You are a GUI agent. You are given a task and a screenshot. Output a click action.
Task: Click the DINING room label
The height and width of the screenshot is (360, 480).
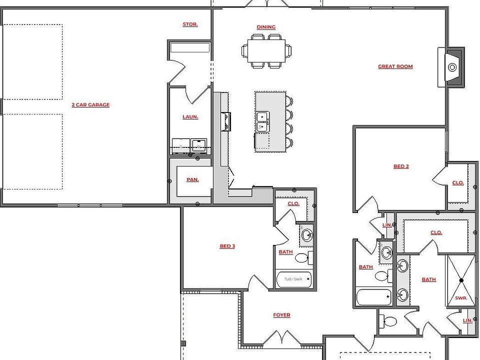[266, 27]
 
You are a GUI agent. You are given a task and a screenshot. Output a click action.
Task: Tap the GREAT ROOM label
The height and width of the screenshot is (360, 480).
[395, 66]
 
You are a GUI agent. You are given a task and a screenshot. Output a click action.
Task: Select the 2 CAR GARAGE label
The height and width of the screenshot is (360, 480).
[90, 105]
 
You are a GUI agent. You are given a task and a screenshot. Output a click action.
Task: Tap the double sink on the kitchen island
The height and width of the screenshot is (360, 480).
[261, 122]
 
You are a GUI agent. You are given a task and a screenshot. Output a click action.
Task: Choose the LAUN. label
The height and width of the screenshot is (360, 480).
[190, 117]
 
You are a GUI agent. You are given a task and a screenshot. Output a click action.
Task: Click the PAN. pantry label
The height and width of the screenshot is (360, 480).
[192, 179]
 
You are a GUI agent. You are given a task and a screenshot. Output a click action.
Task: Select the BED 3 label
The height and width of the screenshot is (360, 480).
[227, 246]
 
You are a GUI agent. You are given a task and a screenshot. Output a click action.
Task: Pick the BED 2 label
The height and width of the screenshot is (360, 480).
[401, 166]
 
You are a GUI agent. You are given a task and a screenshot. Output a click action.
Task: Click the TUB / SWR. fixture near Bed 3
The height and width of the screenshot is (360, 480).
[294, 279]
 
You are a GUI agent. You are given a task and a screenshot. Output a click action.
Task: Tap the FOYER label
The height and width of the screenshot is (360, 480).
[281, 315]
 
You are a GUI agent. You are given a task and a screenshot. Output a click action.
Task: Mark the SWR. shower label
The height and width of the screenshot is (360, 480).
[460, 298]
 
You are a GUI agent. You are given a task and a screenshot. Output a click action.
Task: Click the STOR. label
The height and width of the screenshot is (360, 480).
[190, 24]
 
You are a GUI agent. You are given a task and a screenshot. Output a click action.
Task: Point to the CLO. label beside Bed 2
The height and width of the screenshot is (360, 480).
[458, 183]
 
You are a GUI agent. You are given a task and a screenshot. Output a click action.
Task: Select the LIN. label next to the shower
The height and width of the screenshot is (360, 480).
[467, 320]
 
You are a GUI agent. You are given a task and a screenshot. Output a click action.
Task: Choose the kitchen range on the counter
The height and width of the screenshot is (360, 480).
[225, 121]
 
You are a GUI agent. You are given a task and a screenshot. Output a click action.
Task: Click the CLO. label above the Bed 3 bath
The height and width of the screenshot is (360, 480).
[293, 203]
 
